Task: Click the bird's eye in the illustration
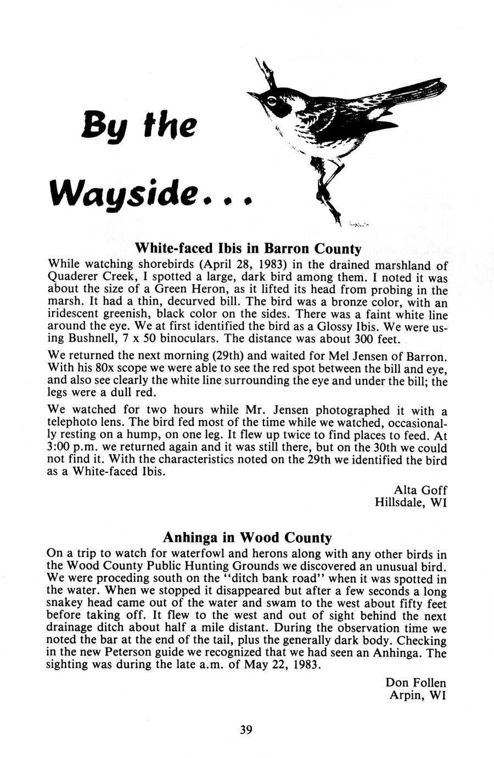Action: pyautogui.click(x=272, y=101)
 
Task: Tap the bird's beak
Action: pyautogui.click(x=254, y=96)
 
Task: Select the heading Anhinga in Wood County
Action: pyautogui.click(x=248, y=537)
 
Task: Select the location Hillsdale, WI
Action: pyautogui.click(x=410, y=503)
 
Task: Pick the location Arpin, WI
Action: pyautogui.click(x=417, y=695)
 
